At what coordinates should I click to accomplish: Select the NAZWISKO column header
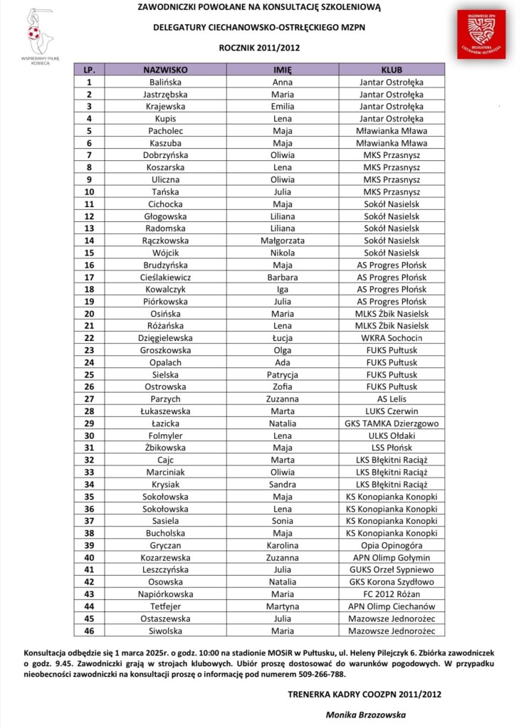coord(164,70)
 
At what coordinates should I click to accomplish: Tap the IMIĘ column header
coord(283,70)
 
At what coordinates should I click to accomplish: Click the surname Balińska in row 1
coord(164,82)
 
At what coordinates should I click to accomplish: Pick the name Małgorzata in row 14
coord(283,241)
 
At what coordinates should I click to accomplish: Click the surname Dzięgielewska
coord(164,338)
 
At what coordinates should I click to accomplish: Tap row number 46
coord(90,631)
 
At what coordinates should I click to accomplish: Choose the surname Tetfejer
coord(164,606)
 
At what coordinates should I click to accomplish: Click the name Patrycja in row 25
coord(283,374)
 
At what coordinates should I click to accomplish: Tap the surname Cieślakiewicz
coord(164,277)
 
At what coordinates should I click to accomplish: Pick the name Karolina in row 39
coord(283,545)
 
